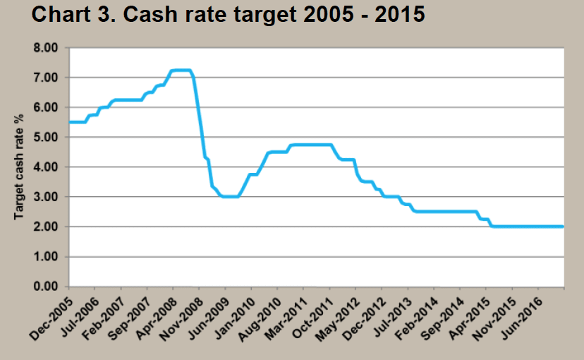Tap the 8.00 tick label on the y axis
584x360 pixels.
[x=47, y=48]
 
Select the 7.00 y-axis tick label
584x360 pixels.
[x=47, y=78]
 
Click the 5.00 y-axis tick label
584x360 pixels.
[x=47, y=137]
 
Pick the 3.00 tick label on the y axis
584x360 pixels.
[x=47, y=197]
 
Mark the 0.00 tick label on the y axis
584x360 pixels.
[x=47, y=287]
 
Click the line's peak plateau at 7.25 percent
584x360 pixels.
[x=181, y=70]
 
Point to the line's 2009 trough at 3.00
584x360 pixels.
[x=230, y=197]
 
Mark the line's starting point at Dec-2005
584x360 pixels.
[x=69, y=122]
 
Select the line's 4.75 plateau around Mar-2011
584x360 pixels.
[x=310, y=145]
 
